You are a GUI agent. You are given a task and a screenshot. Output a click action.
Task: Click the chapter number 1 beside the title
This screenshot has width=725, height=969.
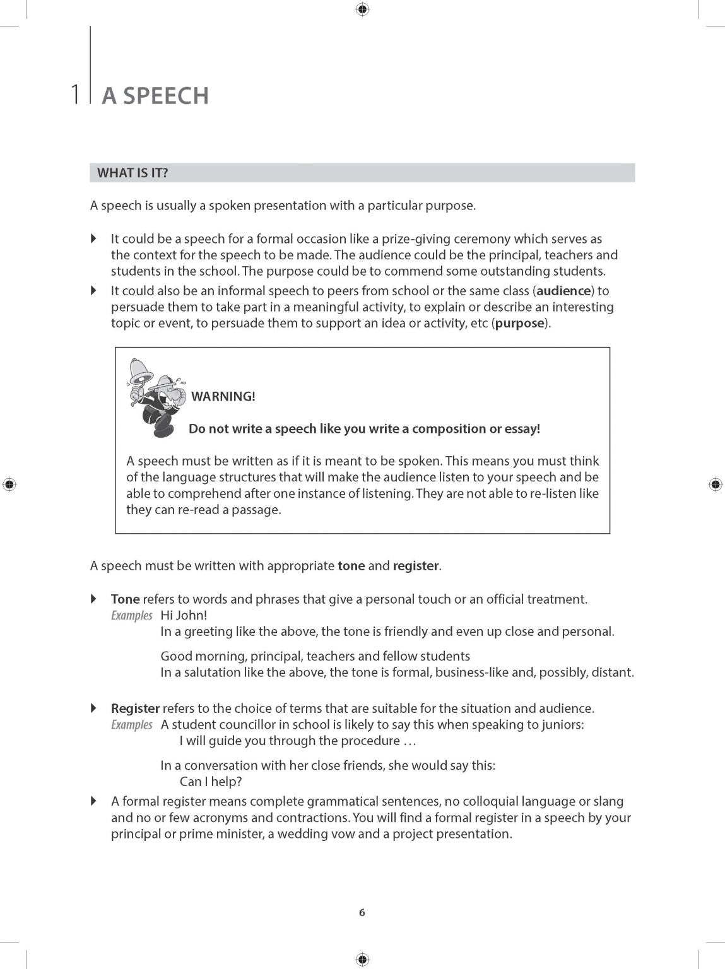point(76,95)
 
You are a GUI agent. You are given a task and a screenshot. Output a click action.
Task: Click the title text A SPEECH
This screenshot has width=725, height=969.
point(155,96)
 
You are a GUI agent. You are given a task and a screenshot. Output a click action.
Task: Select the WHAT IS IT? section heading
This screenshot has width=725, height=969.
point(133,173)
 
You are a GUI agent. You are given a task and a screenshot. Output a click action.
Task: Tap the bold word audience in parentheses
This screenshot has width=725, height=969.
point(563,291)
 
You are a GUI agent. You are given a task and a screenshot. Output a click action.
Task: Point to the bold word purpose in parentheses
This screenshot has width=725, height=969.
point(520,324)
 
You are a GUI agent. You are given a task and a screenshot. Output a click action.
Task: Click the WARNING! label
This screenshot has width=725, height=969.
point(223,397)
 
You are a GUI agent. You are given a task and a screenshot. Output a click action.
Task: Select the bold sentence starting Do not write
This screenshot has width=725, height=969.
point(364,429)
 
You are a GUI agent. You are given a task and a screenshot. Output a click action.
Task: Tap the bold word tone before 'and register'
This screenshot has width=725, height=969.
point(351,566)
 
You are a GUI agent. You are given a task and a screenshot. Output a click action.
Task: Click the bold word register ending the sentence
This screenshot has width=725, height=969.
point(415,566)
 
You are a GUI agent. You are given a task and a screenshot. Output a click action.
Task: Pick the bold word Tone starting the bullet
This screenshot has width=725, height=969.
point(125,599)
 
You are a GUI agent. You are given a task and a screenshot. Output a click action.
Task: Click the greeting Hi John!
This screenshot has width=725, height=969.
point(184,615)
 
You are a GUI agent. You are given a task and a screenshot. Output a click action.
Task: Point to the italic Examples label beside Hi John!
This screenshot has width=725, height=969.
point(132,616)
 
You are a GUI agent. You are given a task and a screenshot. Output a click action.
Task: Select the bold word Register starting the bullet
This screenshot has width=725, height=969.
point(135,708)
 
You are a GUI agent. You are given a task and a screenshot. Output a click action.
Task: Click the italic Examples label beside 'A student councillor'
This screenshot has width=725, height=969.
point(132,725)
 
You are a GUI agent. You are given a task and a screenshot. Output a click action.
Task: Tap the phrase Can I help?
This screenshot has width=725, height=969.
point(211,782)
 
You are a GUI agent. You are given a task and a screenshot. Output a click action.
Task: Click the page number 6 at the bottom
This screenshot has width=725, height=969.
point(362,912)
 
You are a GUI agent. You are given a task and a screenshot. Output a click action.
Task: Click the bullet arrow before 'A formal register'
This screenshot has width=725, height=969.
point(94,801)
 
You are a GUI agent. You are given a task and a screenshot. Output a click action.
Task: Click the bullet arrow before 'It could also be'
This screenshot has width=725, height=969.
point(94,291)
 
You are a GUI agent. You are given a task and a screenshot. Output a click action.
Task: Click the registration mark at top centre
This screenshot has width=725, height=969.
point(362,9)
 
